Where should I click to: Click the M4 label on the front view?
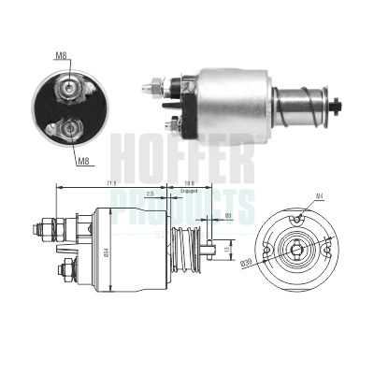(x=318, y=195)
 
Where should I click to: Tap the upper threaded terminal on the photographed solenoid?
(x=151, y=90)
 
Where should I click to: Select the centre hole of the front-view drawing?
(x=296, y=248)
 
